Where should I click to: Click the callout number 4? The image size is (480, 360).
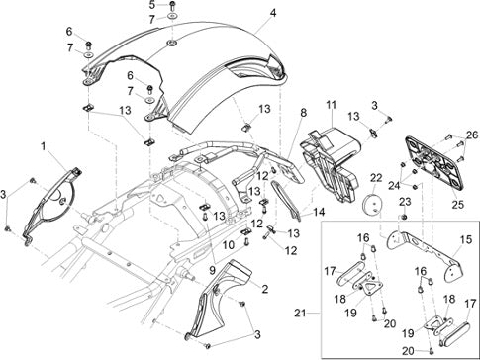273,13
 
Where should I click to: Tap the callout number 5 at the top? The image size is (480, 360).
151,5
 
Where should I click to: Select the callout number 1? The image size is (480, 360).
44,146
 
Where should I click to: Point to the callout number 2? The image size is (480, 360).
264,290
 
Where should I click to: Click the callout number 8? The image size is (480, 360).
303,113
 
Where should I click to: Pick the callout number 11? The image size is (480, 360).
332,105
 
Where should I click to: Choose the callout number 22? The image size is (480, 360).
376,178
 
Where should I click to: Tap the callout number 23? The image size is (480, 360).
406,202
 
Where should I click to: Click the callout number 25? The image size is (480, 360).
458,205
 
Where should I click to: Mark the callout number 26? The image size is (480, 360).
472,135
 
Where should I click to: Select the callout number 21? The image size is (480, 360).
300,313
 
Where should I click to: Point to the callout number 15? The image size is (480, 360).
466,240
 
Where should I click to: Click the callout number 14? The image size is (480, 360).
319,212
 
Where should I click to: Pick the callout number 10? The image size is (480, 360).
229,245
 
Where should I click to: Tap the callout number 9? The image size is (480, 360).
212,270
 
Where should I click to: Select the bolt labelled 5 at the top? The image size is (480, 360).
172,5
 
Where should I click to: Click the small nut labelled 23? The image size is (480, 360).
405,217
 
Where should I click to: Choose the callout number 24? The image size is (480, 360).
394,186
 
